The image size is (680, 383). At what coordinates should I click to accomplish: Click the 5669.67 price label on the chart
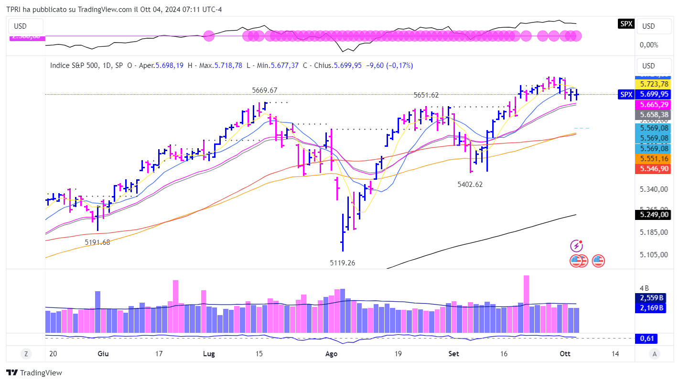tap(265, 90)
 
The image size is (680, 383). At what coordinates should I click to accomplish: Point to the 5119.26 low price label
tap(343, 263)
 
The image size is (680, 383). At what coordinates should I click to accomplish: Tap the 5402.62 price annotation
tap(470, 184)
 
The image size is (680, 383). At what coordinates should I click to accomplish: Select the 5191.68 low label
tap(97, 242)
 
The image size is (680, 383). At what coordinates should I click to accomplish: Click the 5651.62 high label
tap(426, 95)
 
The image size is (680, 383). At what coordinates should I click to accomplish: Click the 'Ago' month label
tap(331, 354)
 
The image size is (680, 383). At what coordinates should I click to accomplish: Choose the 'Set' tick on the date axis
tap(454, 354)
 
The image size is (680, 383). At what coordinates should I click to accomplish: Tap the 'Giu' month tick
tap(103, 354)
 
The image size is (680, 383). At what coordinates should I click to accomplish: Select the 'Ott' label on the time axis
tap(565, 354)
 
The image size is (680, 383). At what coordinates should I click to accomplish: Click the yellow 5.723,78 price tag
tap(654, 84)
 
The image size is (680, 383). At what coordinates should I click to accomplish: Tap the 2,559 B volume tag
tap(651, 297)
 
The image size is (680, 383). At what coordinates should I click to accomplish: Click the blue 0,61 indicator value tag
tap(647, 339)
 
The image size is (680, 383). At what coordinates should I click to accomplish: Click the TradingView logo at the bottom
tap(34, 373)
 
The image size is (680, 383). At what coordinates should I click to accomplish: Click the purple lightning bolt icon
tap(577, 246)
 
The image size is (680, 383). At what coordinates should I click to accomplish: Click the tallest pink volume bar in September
tap(526, 304)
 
